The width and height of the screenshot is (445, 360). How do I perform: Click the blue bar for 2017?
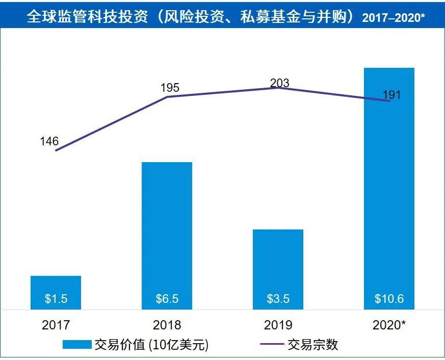pyautogui.click(x=56, y=286)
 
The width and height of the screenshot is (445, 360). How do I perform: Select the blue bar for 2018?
pyautogui.click(x=167, y=229)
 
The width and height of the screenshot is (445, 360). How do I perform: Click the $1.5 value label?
pyautogui.click(x=56, y=299)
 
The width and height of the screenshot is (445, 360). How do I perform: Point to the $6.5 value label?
pyautogui.click(x=167, y=299)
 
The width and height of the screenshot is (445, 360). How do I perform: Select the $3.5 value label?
pyautogui.click(x=278, y=299)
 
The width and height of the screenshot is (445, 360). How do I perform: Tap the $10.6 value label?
pyautogui.click(x=389, y=299)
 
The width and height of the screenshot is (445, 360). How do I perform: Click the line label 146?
pyautogui.click(x=49, y=141)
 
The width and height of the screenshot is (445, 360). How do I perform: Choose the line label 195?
pyautogui.click(x=170, y=88)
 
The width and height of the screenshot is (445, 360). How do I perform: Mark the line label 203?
pyautogui.click(x=279, y=83)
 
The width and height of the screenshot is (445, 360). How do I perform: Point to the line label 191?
pyautogui.click(x=391, y=95)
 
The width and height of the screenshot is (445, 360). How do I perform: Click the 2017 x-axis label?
pyautogui.click(x=56, y=324)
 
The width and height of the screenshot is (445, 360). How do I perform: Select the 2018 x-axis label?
pyautogui.click(x=167, y=324)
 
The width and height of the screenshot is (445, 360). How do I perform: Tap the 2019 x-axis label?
pyautogui.click(x=278, y=324)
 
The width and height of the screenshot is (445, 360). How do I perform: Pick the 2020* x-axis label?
pyautogui.click(x=389, y=324)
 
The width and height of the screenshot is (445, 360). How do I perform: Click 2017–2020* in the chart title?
pyautogui.click(x=394, y=18)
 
